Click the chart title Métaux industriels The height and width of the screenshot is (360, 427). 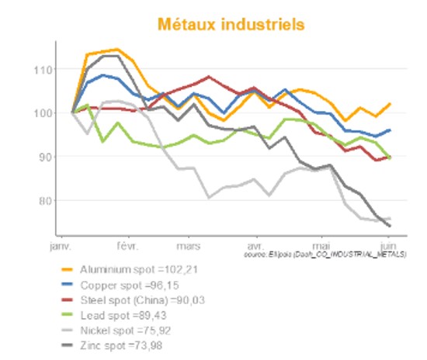[231, 24]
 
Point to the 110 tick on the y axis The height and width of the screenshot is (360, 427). [43, 70]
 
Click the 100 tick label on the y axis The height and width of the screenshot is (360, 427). [43, 113]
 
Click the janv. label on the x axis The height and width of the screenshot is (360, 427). [61, 246]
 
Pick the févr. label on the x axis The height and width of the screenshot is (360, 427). [127, 246]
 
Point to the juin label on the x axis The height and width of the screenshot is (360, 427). [388, 246]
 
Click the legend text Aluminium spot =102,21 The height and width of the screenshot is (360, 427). [144, 268]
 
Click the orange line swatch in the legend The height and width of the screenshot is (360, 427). [68, 268]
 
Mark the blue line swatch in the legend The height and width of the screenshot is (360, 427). [68, 284]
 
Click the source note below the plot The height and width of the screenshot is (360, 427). [325, 254]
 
